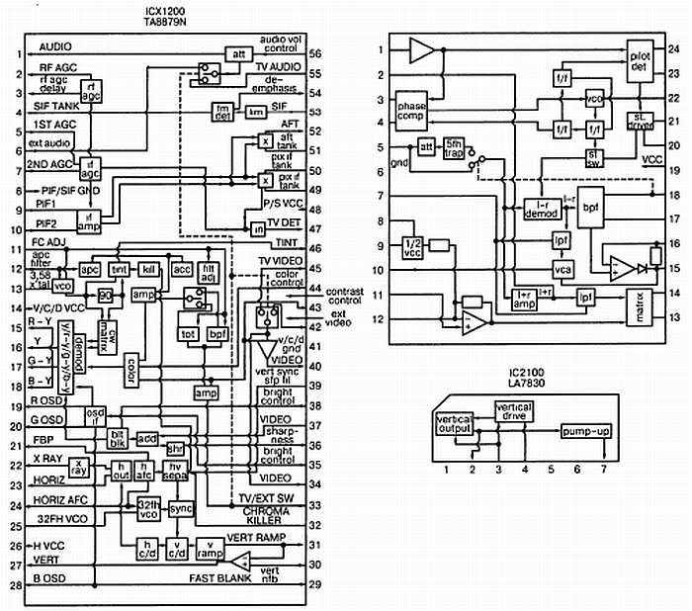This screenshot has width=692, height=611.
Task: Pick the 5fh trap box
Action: coord(455,145)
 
